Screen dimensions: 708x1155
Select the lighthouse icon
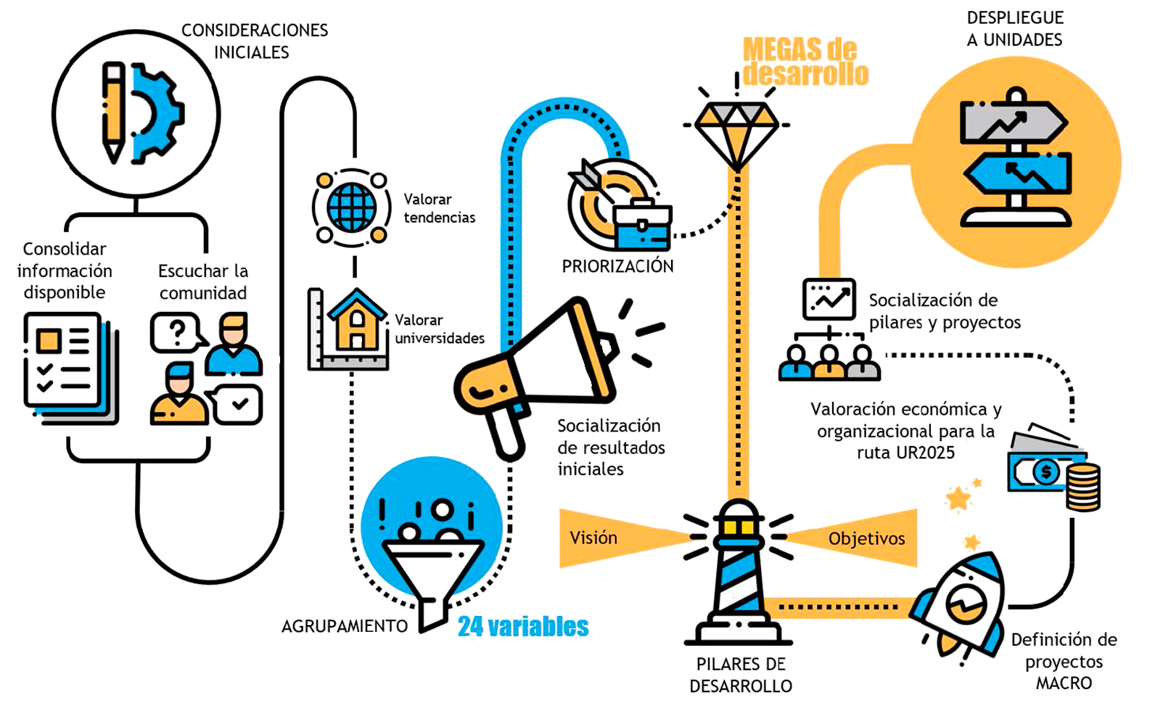(x=739, y=573)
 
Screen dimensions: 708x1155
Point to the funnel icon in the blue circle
(x=432, y=573)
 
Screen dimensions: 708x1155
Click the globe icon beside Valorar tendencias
(x=352, y=207)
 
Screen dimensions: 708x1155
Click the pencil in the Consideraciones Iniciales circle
(x=113, y=112)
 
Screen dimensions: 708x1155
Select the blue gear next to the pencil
(x=156, y=112)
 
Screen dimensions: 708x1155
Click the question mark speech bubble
(x=176, y=333)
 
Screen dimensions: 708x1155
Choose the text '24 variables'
(x=523, y=627)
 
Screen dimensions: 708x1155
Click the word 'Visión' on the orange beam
(x=593, y=538)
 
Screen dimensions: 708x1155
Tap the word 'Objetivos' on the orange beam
(x=866, y=539)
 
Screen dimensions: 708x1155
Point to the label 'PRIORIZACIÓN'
(x=617, y=266)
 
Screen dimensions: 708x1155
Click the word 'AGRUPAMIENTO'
(x=345, y=626)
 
